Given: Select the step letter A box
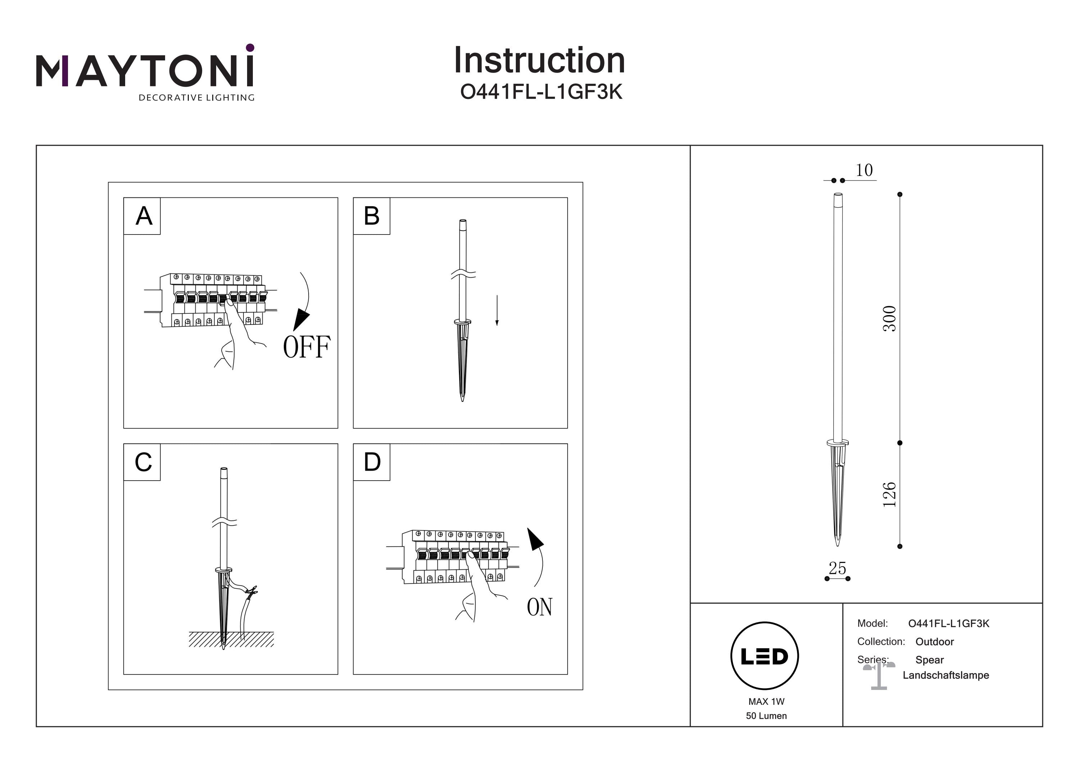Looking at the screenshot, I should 142,216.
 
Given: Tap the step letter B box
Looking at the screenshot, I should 371,216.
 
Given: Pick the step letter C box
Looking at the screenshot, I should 142,462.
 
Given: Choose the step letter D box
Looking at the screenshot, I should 371,462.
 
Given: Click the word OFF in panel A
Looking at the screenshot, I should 306,348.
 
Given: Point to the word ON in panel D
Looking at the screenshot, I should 539,607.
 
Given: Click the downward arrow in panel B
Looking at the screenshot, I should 497,310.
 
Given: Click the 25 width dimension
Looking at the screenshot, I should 837,568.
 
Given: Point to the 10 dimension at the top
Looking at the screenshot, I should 864,170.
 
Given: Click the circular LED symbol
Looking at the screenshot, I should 765,656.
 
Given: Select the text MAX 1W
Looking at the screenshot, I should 766,701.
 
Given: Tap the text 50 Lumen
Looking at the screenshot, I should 766,716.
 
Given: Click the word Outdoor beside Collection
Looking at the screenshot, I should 934,642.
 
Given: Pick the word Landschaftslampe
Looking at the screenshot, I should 946,675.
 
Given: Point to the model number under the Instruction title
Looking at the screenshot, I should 541,92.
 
